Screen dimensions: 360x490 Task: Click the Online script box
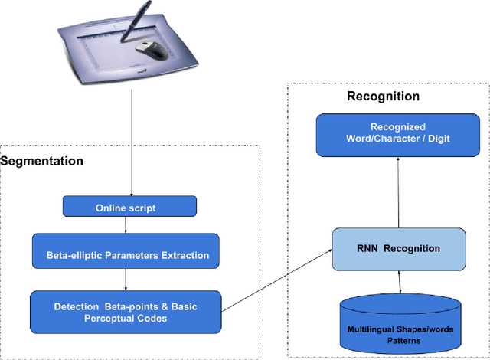pos(129,208)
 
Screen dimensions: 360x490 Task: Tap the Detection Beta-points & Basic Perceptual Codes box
pos(125,313)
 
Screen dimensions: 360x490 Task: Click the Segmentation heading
pos(42,162)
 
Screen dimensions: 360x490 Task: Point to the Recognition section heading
pos(383,97)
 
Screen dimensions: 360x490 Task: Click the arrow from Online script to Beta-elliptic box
pos(124,225)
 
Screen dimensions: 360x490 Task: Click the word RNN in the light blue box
pos(373,248)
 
